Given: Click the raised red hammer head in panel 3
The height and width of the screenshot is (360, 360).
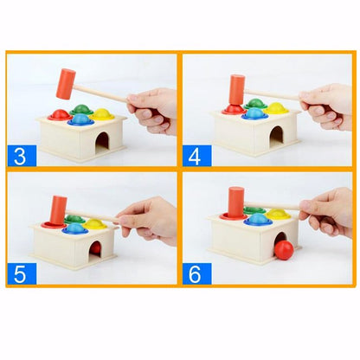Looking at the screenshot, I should (x=66, y=84).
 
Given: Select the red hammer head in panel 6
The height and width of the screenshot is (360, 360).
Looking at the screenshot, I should (x=235, y=202).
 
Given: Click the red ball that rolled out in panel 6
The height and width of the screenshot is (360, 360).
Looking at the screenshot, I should (x=283, y=250).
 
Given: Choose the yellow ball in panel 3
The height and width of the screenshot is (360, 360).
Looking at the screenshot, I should (x=100, y=112).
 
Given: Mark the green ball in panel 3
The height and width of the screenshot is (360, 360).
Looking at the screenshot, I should (x=81, y=108).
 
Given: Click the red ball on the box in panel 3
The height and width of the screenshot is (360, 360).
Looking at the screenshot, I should (x=61, y=114).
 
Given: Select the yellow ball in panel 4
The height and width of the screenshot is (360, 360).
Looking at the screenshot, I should (x=277, y=109).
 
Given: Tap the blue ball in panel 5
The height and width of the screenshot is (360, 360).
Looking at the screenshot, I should (x=74, y=229).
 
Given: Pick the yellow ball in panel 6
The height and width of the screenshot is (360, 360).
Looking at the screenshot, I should (x=277, y=213).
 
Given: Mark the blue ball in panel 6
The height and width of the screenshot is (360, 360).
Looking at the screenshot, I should (x=257, y=220).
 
